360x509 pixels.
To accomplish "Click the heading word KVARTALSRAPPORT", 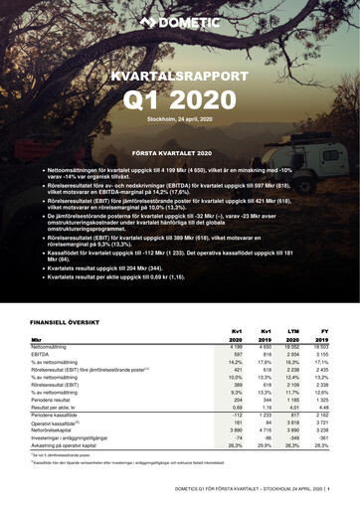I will (180, 77).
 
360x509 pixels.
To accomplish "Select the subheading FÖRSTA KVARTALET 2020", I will (179, 152).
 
